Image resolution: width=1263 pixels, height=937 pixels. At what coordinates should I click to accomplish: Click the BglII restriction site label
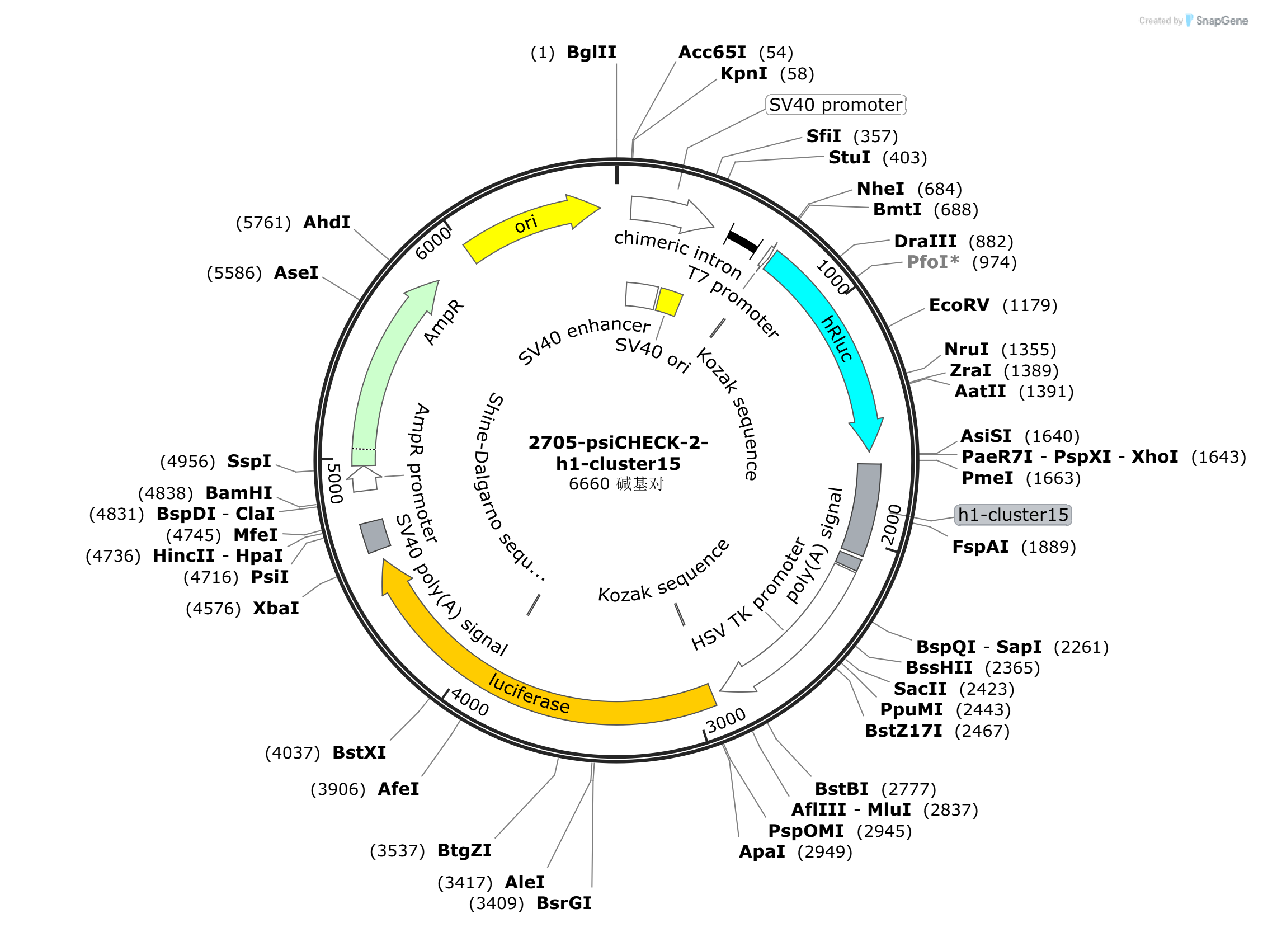[x=592, y=52]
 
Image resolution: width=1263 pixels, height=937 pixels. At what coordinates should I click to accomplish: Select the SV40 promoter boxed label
[x=836, y=105]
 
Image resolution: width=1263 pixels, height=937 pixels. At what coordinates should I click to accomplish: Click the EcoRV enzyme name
[x=959, y=305]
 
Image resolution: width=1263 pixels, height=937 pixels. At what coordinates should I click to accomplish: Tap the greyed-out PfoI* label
[x=933, y=262]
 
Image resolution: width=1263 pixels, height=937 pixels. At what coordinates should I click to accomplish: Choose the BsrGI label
[x=564, y=903]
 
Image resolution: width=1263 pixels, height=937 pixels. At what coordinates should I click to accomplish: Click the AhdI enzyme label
[x=327, y=222]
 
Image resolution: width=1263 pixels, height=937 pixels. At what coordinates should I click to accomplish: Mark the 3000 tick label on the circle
[x=726, y=721]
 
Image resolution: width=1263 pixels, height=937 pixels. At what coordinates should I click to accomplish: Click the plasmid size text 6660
[x=589, y=484]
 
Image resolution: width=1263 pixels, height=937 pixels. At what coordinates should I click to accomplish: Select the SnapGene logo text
[x=1222, y=21]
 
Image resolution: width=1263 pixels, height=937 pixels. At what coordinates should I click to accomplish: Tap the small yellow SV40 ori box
[x=669, y=302]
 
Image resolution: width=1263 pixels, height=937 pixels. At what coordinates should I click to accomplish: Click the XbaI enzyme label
[x=276, y=609]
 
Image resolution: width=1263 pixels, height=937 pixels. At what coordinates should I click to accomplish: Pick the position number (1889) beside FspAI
[x=1049, y=547]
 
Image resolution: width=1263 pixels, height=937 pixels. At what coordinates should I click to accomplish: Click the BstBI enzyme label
[x=842, y=789]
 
